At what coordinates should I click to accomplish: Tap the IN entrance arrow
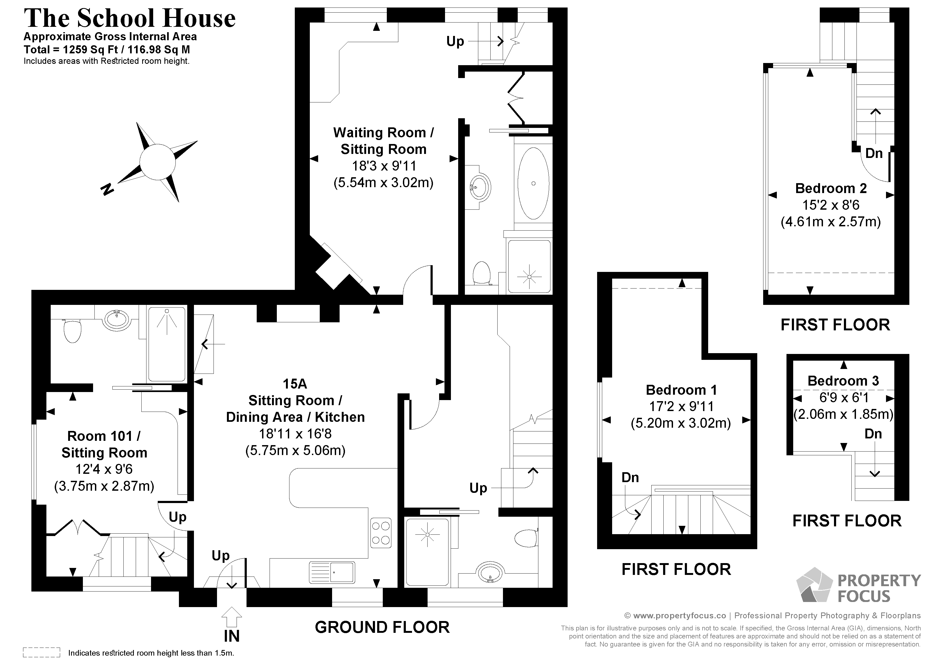tap(231, 617)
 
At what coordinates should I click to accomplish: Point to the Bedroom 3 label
tap(843, 381)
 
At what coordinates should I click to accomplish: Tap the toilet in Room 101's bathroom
tap(72, 331)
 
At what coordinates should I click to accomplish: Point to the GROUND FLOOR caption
tap(382, 627)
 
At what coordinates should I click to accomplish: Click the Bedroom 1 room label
tap(681, 390)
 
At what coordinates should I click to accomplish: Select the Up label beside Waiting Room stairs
tap(455, 41)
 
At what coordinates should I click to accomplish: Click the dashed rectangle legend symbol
tap(41, 652)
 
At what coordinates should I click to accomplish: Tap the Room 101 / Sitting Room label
tap(104, 444)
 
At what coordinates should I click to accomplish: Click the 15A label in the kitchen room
tap(295, 384)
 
